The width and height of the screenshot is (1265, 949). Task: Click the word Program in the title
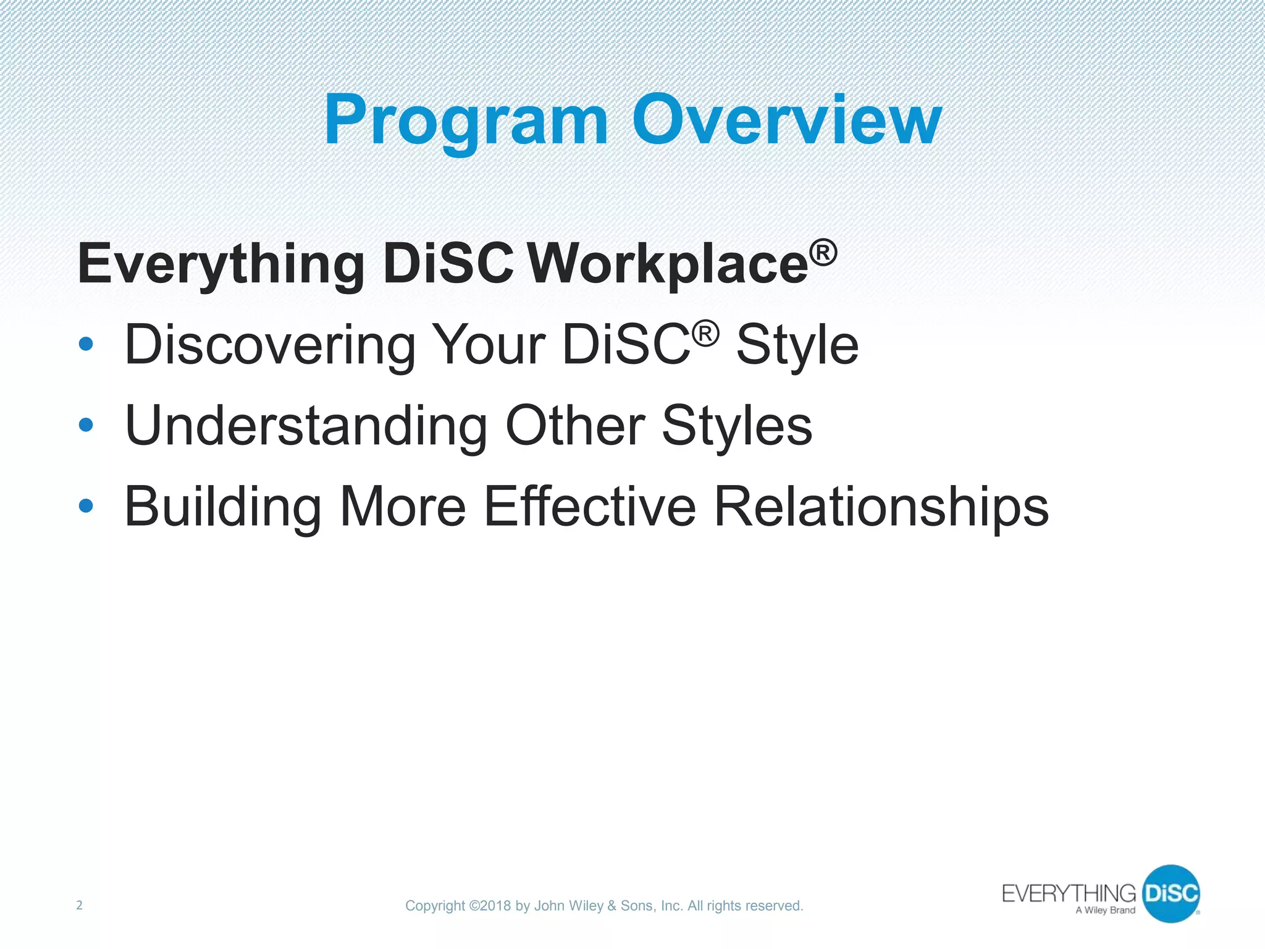pos(466,120)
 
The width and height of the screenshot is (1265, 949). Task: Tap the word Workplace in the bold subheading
pos(668,264)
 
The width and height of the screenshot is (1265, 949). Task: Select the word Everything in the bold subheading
pos(221,264)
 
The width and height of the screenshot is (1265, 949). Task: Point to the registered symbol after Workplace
pos(823,252)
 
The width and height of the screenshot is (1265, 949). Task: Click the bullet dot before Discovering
pos(86,344)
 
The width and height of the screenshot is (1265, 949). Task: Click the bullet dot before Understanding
pos(86,425)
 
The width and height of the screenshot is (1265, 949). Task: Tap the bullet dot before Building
pos(86,506)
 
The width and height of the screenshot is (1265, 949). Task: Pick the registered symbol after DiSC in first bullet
pos(705,334)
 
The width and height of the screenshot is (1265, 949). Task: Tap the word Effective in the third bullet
pos(590,506)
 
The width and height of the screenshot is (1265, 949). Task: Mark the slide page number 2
pos(79,905)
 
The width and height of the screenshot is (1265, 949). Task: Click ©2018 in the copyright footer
pos(490,906)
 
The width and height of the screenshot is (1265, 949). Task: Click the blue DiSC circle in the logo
pos(1170,893)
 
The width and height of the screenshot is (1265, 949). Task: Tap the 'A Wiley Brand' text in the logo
pos(1105,910)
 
